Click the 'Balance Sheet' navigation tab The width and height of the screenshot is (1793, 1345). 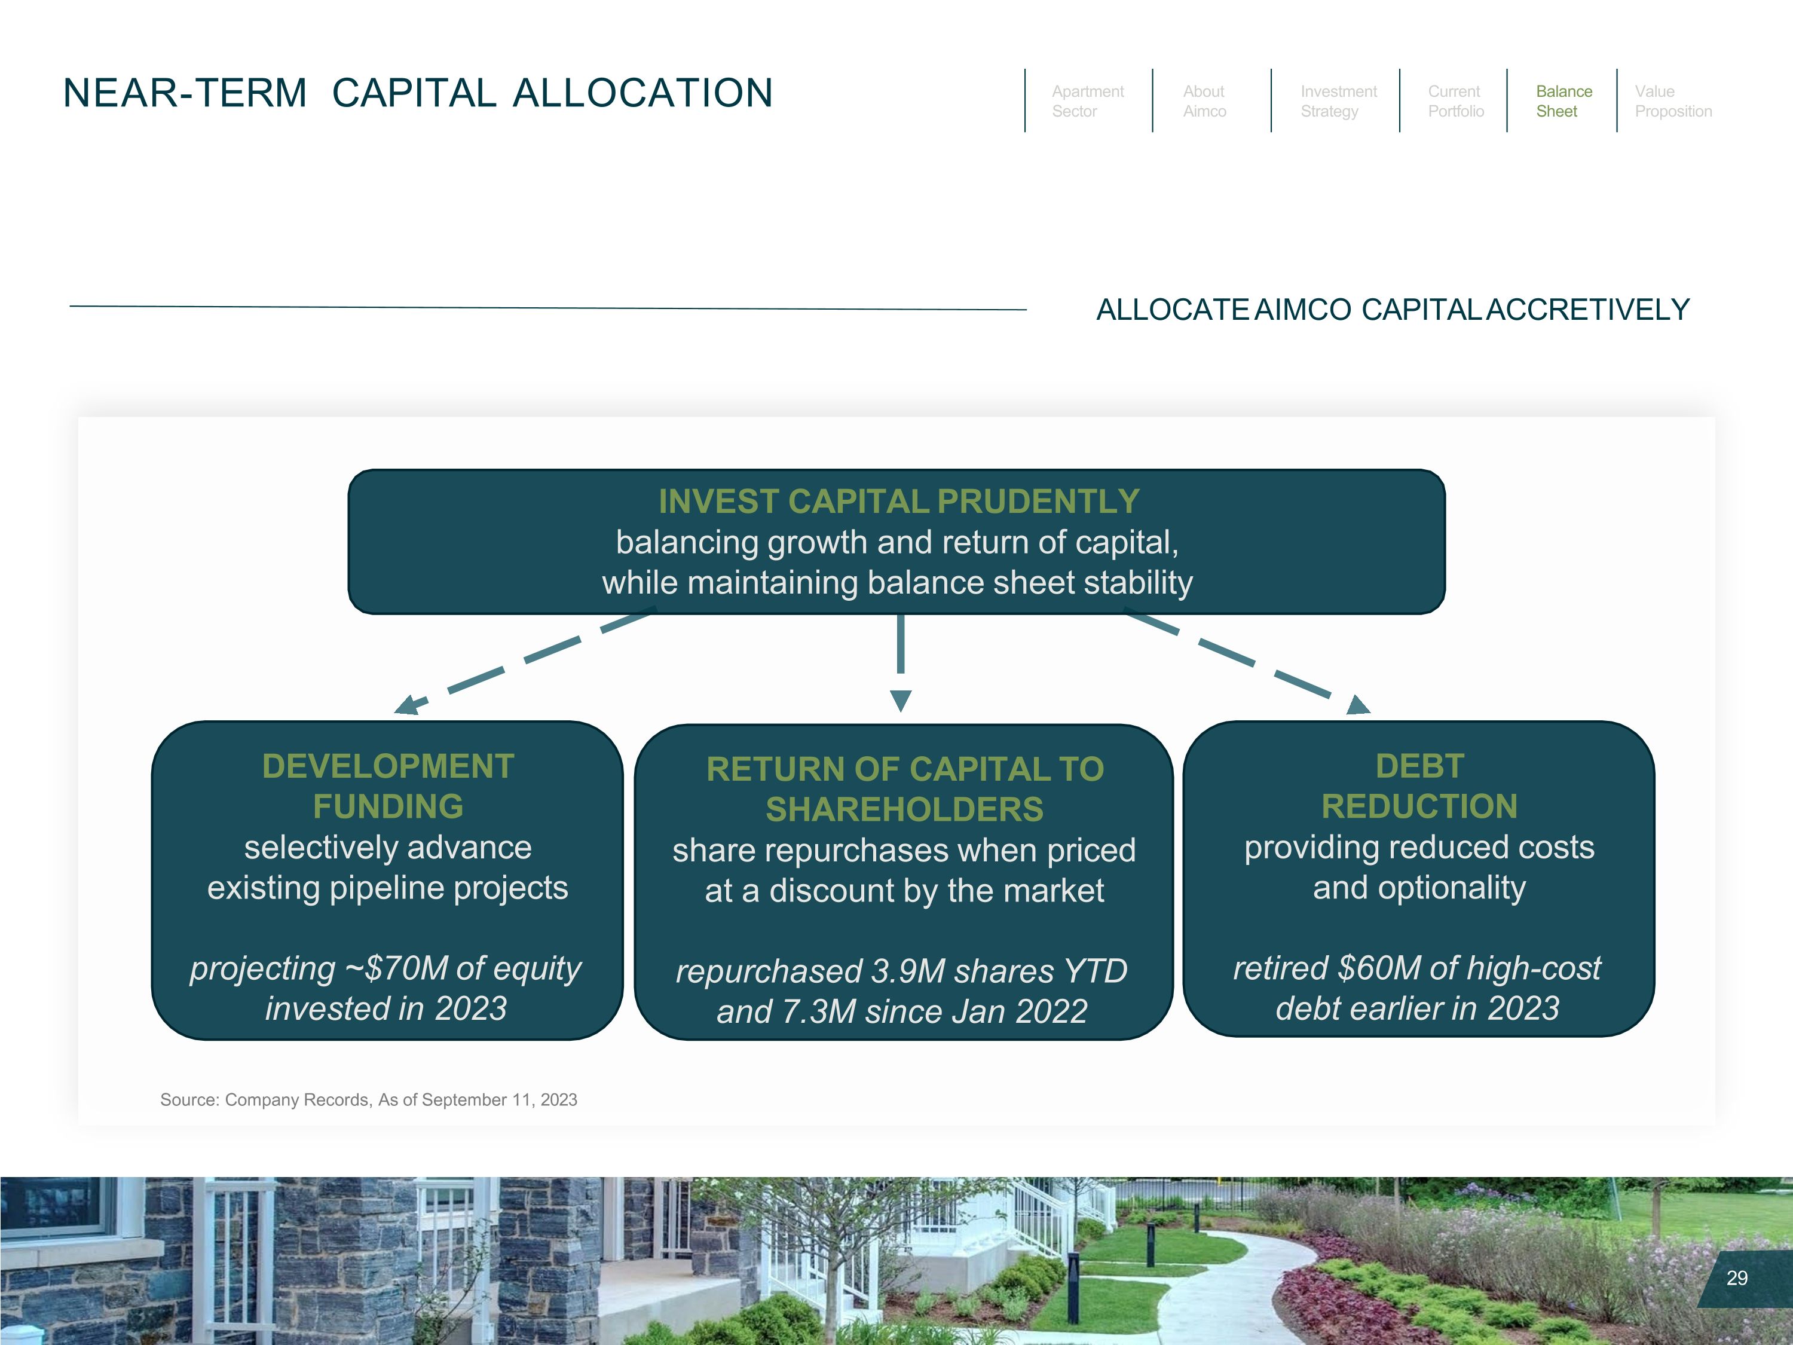(1563, 102)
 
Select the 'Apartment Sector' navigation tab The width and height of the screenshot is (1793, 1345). (1087, 102)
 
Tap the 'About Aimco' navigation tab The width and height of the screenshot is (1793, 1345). (1204, 102)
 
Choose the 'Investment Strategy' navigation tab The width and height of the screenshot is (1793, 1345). (1338, 102)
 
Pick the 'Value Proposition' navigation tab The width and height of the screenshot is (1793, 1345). (1672, 102)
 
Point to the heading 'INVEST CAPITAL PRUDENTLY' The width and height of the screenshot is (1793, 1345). (899, 501)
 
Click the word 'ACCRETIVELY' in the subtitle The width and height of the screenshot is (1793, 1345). (1588, 310)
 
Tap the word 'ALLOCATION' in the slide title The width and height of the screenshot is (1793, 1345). (642, 93)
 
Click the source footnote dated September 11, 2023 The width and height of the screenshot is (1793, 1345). (368, 1100)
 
